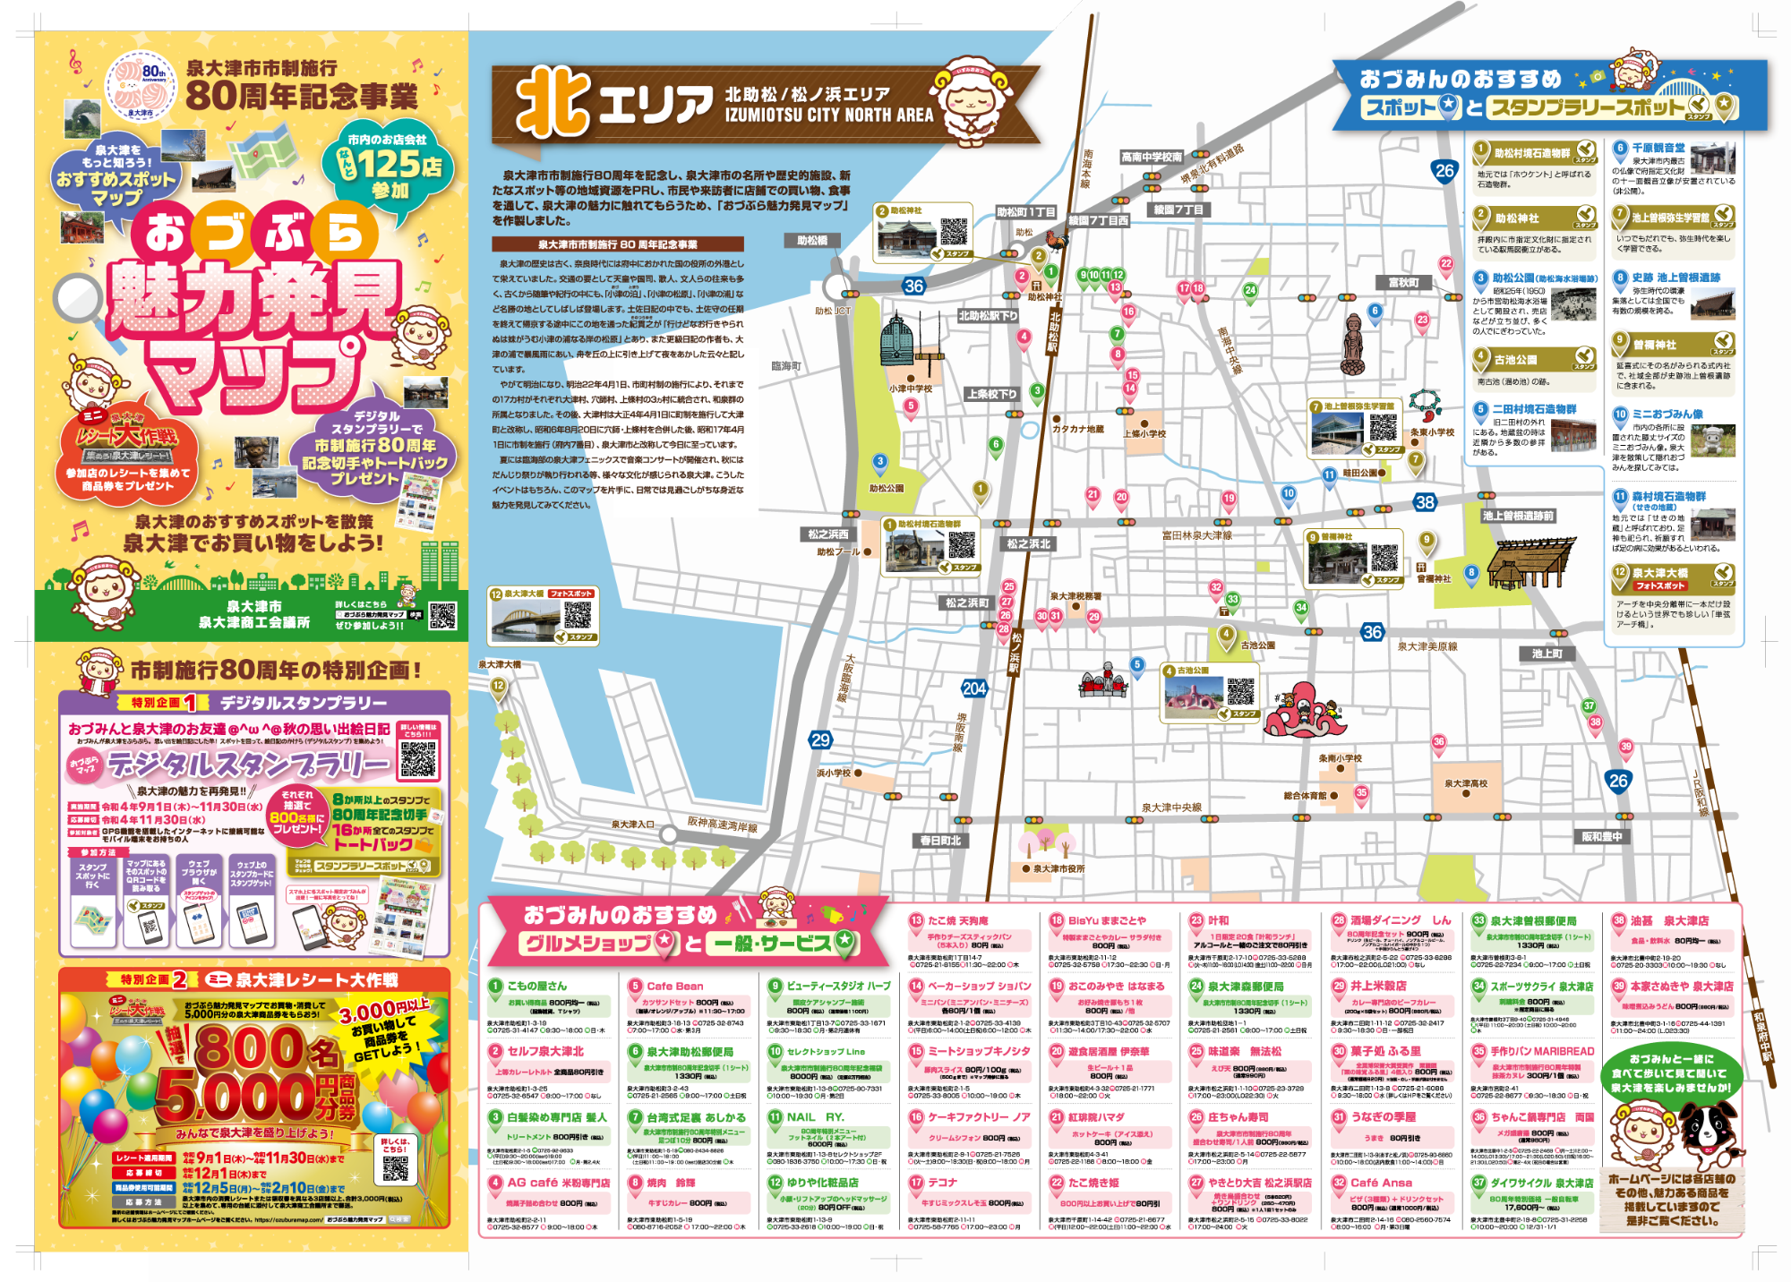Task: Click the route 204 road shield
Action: tap(974, 688)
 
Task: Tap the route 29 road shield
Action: tap(820, 740)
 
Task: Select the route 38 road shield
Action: tap(1425, 502)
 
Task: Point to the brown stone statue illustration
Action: tap(1352, 345)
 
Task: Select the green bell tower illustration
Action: tap(898, 341)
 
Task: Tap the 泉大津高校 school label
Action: tap(1465, 783)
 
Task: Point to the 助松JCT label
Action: tap(832, 311)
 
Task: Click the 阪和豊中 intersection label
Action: tap(1601, 836)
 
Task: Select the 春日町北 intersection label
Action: tap(940, 841)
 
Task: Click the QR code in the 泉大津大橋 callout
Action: tap(578, 614)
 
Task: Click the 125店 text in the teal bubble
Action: tap(400, 165)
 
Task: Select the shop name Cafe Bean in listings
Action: tap(675, 986)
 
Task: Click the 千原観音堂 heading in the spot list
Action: tap(1658, 148)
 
